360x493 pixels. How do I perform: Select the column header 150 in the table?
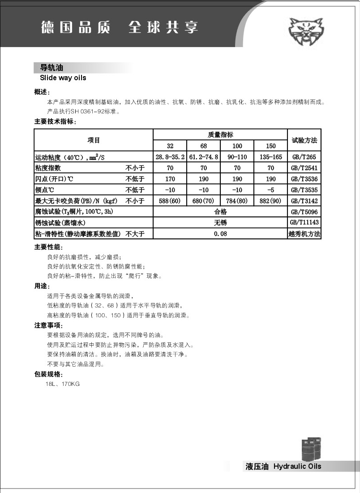(x=270, y=146)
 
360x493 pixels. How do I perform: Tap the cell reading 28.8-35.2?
(x=170, y=157)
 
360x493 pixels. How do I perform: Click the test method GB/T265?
(x=304, y=157)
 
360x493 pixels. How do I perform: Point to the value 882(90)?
(x=270, y=201)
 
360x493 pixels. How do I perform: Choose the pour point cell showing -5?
(x=270, y=190)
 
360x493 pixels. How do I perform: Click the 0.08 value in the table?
(x=220, y=234)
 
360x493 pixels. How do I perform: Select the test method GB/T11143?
(x=304, y=223)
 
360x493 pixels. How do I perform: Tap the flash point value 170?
(x=170, y=179)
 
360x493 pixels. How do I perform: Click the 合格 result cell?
(x=220, y=212)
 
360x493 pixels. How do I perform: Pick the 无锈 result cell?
(x=220, y=223)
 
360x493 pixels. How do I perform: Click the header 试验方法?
(x=304, y=140)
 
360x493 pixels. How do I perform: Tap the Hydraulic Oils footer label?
(x=297, y=467)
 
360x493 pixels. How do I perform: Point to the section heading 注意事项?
(x=48, y=325)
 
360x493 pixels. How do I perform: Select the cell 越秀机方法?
(x=304, y=234)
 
